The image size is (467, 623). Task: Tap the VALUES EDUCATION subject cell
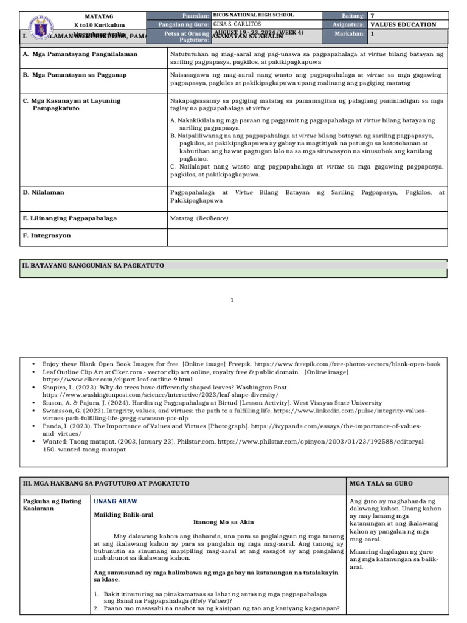(404, 24)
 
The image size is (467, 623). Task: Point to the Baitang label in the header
(353, 15)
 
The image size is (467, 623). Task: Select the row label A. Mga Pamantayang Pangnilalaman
(80, 54)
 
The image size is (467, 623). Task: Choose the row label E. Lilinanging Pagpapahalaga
(70, 218)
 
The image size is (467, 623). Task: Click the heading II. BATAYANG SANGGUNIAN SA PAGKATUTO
(93, 265)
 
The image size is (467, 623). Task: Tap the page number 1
(232, 300)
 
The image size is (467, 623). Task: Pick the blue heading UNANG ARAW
(116, 501)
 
